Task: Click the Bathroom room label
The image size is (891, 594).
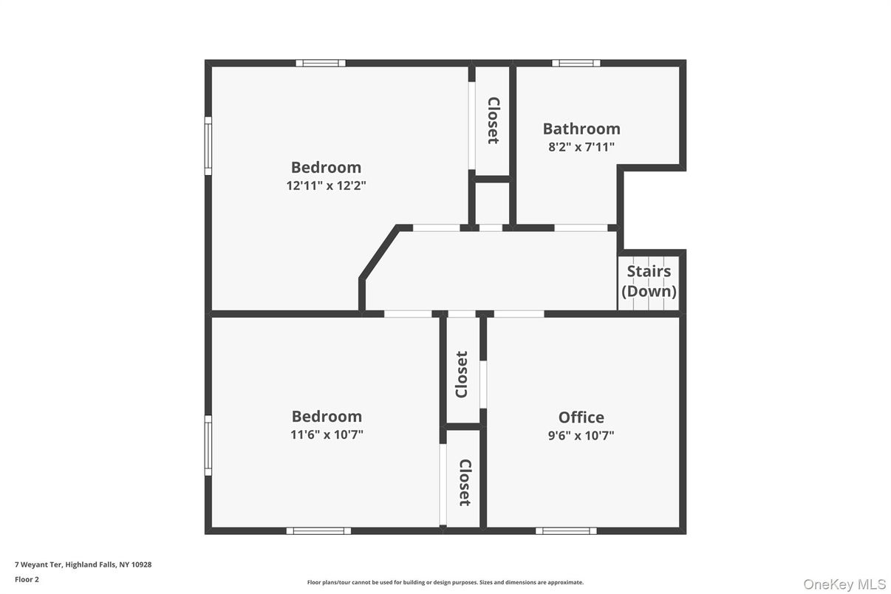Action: pos(581,129)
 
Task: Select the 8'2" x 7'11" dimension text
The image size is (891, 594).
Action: pos(581,147)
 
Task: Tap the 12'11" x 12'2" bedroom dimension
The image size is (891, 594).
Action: pos(326,186)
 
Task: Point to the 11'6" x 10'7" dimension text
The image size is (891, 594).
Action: pos(327,434)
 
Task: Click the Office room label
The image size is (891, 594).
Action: pos(581,417)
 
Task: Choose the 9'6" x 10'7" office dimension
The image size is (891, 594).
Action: pos(581,435)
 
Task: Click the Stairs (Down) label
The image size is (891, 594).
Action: pos(649,281)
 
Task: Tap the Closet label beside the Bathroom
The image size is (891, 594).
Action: pos(493,120)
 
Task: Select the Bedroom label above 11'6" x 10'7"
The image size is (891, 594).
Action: pos(327,416)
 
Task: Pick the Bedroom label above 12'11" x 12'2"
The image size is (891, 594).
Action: pos(326,167)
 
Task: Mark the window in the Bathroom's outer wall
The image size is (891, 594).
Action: pos(576,63)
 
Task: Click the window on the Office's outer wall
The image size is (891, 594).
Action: pos(566,530)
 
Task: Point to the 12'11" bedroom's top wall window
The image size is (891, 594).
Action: pos(321,63)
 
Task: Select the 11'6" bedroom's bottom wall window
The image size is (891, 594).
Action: pos(318,530)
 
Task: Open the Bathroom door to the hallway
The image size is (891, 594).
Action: pos(581,228)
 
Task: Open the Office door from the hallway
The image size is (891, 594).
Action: pos(519,314)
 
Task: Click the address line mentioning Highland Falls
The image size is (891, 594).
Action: pos(83,564)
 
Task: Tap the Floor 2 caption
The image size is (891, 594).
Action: pos(27,579)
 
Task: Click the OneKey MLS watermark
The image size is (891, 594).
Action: pos(844,584)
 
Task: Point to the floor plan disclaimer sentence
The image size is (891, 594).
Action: pos(445,582)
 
